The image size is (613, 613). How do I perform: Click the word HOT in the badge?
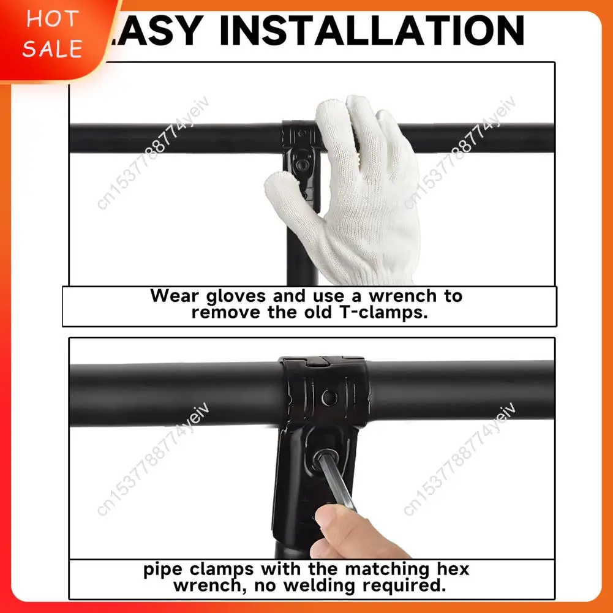coord(52,20)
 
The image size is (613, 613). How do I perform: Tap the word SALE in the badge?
coord(52,48)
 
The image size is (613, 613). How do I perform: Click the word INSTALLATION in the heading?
coord(372,30)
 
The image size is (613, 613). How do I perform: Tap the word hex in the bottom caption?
coord(451,570)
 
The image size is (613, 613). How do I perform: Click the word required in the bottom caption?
coord(407,585)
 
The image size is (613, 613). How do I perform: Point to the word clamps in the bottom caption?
coord(221,570)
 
